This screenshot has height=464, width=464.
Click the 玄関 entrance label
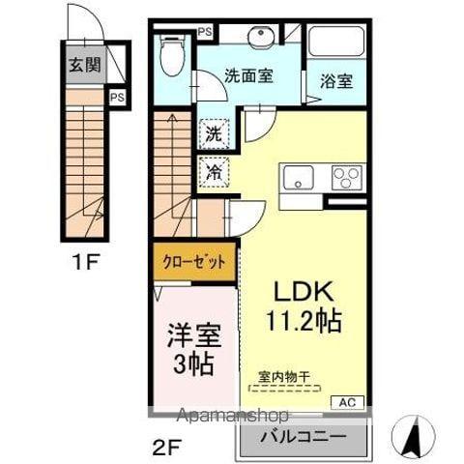[x=84, y=66]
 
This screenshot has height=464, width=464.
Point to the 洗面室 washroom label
[x=248, y=76]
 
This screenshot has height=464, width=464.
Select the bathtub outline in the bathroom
[x=335, y=43]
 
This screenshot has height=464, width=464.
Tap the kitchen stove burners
[x=346, y=178]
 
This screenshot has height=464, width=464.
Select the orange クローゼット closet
[x=193, y=262]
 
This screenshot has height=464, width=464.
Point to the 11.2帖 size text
[x=304, y=322]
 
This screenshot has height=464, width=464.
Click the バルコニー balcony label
[x=304, y=437]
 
